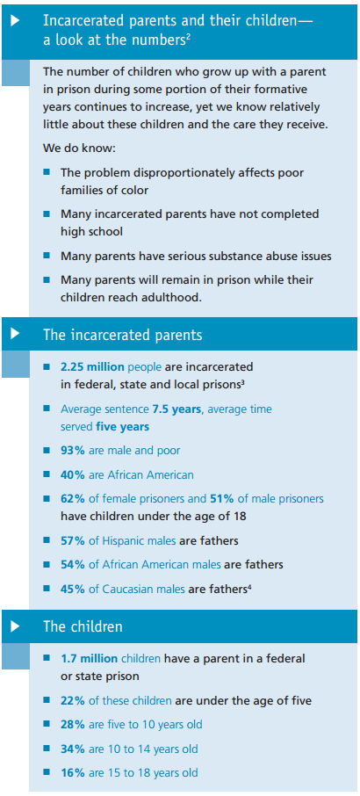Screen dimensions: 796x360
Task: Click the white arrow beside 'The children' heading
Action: [x=15, y=626]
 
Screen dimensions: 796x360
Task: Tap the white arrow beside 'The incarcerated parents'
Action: [x=15, y=334]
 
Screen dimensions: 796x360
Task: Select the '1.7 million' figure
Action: [x=89, y=657]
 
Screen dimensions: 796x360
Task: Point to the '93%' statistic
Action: [x=73, y=450]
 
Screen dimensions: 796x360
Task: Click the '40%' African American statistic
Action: [x=73, y=474]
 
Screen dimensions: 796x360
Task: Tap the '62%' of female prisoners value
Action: [x=73, y=499]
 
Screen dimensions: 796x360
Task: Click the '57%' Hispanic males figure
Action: [x=73, y=540]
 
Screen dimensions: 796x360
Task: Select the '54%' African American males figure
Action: [x=73, y=565]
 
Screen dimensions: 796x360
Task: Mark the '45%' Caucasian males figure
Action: [x=73, y=590]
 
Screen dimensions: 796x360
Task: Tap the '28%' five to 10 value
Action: [x=73, y=725]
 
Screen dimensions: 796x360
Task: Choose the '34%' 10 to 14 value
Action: [x=73, y=749]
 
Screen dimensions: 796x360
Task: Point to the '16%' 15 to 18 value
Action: [x=73, y=773]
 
